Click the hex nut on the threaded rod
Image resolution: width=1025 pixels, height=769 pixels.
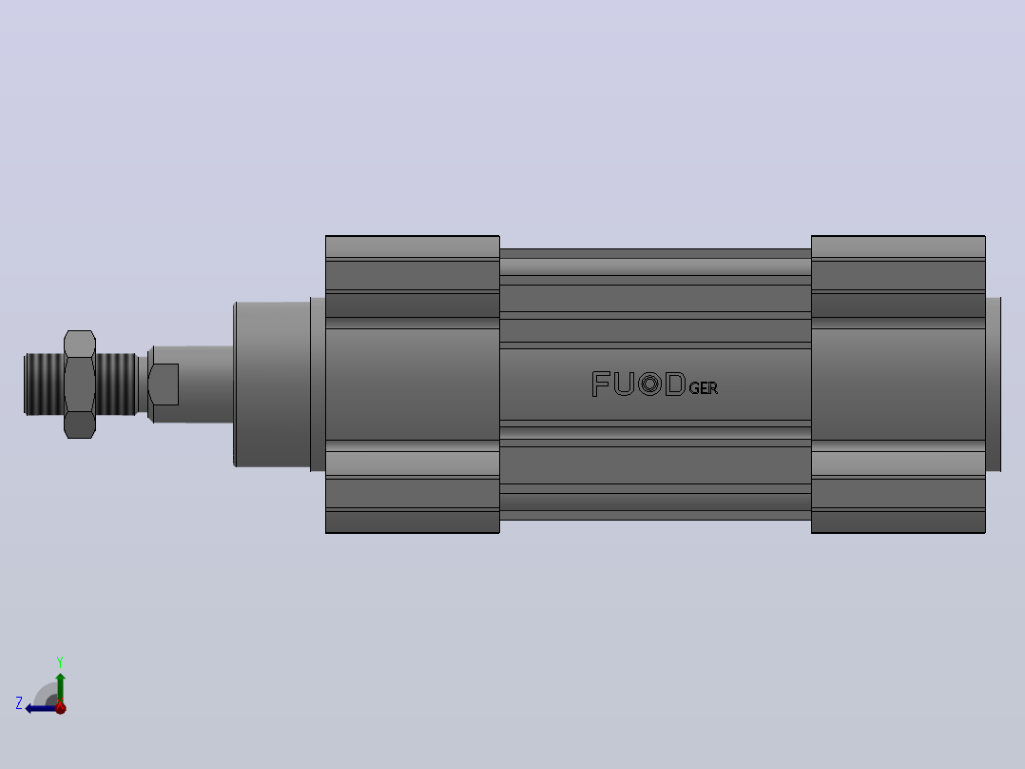[x=80, y=384]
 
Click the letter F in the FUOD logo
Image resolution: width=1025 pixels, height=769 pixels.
[x=601, y=384]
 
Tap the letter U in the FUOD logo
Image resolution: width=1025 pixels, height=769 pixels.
[x=624, y=384]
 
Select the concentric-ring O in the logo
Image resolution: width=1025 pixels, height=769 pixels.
[x=649, y=384]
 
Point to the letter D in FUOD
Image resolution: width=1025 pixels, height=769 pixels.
[x=675, y=384]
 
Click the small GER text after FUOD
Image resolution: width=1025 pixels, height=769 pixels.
[x=704, y=388]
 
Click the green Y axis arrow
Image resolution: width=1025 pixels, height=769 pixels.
[x=60, y=687]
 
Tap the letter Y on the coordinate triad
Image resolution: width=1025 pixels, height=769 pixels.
[x=60, y=661]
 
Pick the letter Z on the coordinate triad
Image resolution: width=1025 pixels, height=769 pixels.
[x=19, y=703]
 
